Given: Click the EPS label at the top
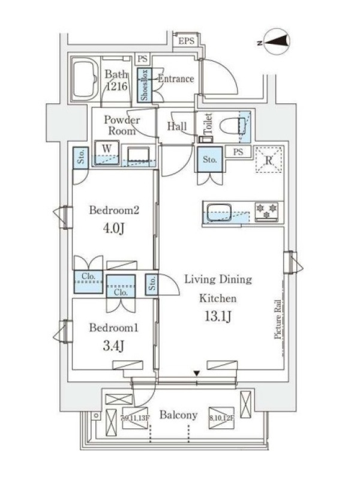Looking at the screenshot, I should click(x=185, y=41).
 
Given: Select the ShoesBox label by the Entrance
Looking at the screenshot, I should click(x=144, y=85).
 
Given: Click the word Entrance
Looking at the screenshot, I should click(x=175, y=79).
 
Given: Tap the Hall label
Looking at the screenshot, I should click(x=177, y=126).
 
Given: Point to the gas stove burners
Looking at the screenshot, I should click(x=267, y=209).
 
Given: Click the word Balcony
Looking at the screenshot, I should click(x=178, y=415).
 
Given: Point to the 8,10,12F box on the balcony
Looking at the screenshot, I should click(x=221, y=417).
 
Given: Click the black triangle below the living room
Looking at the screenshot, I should click(x=196, y=374).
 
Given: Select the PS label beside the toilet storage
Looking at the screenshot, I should click(x=238, y=152).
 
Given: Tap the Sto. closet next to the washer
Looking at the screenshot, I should click(x=80, y=157).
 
